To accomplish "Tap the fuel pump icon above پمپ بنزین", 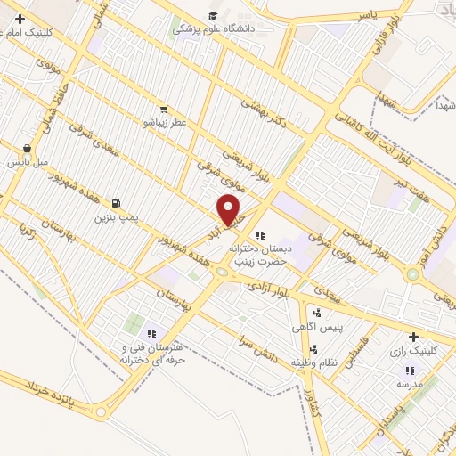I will [116, 203].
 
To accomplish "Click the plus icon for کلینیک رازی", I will [412, 338].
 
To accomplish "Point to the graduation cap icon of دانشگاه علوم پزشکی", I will [213, 16].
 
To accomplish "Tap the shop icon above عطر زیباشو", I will [163, 109].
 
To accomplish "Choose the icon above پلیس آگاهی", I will [316, 313].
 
